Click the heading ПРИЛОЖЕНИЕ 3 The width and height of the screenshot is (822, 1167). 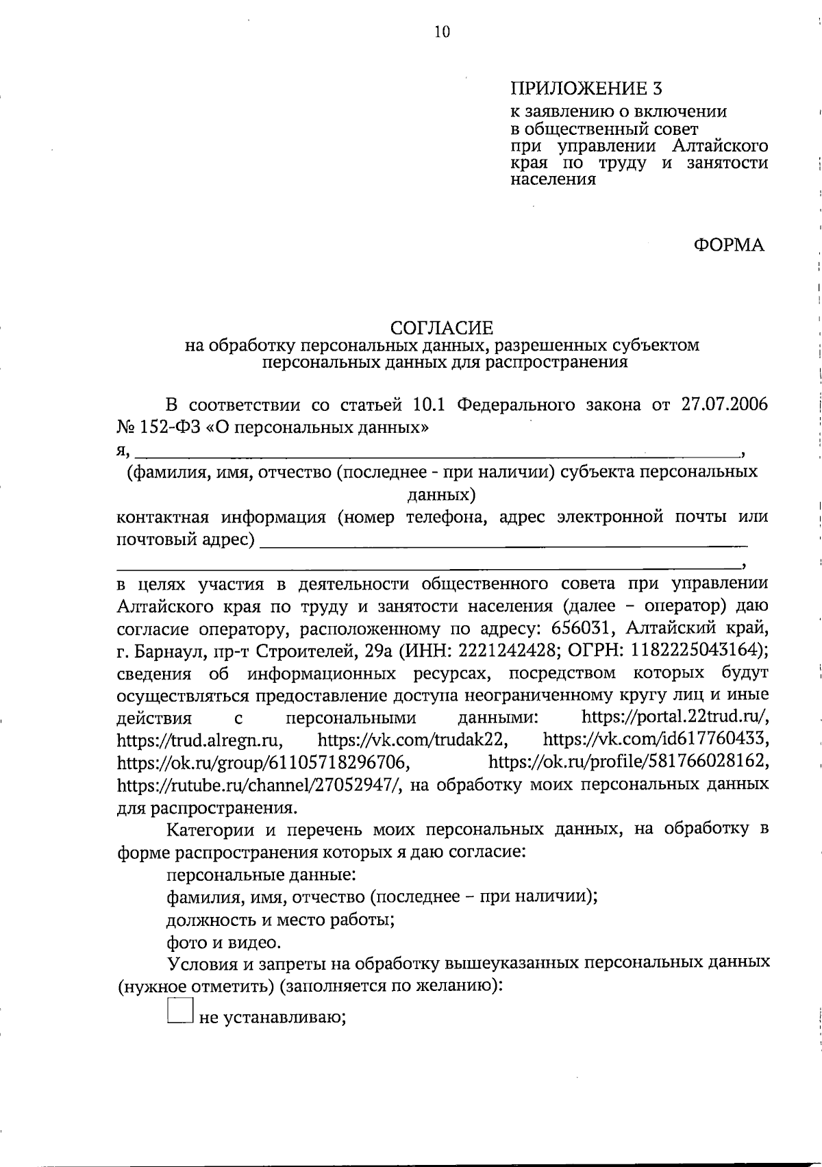[587, 88]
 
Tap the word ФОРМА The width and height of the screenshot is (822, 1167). [729, 244]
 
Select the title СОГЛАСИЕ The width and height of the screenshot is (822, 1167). [442, 328]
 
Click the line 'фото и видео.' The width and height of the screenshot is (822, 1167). [224, 943]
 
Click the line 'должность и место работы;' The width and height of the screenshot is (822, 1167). [281, 920]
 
